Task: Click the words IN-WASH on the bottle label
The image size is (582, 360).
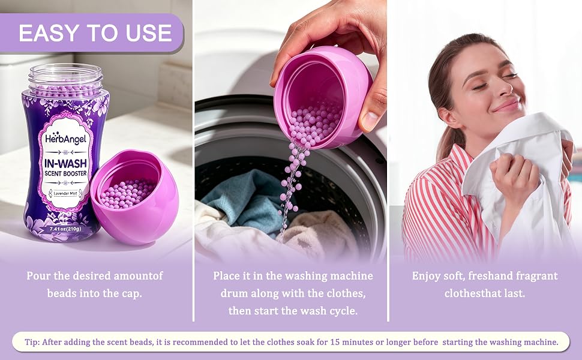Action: point(65,163)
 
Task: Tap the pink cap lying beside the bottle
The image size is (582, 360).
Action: point(134,196)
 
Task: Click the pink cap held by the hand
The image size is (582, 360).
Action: point(323,97)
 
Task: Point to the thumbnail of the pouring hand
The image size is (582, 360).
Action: point(370,121)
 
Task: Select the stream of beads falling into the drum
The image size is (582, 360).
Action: point(292,189)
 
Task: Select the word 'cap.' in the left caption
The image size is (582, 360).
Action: point(132,293)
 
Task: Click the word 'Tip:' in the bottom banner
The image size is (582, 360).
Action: point(32,342)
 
